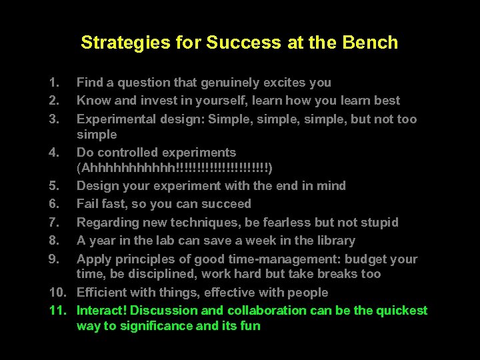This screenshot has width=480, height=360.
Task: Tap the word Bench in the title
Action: [372, 43]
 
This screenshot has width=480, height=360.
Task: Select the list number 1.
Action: [53, 83]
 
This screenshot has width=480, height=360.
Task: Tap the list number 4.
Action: [53, 153]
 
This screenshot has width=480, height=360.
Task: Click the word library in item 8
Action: [334, 241]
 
